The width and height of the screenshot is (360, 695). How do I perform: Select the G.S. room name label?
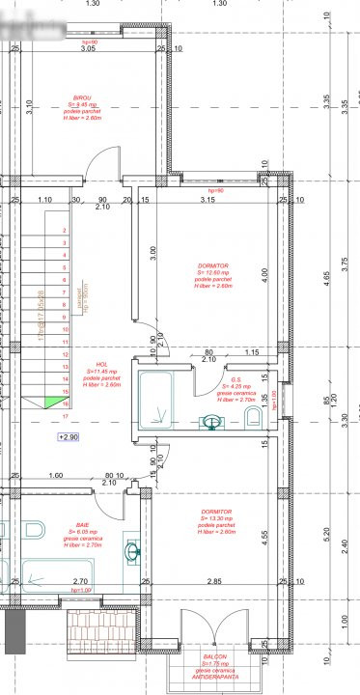pyautogui.click(x=235, y=379)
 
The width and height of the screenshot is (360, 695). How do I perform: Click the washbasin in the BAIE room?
pyautogui.click(x=131, y=551)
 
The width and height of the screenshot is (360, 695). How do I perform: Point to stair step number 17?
pyautogui.click(x=64, y=417)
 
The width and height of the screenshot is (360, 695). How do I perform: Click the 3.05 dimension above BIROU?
pyautogui.click(x=88, y=47)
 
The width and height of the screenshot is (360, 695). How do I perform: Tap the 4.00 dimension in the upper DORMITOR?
pyautogui.click(x=264, y=275)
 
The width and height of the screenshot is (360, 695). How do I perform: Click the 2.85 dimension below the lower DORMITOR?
pyautogui.click(x=215, y=581)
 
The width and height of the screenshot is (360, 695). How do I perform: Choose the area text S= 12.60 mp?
pyautogui.click(x=215, y=272)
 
